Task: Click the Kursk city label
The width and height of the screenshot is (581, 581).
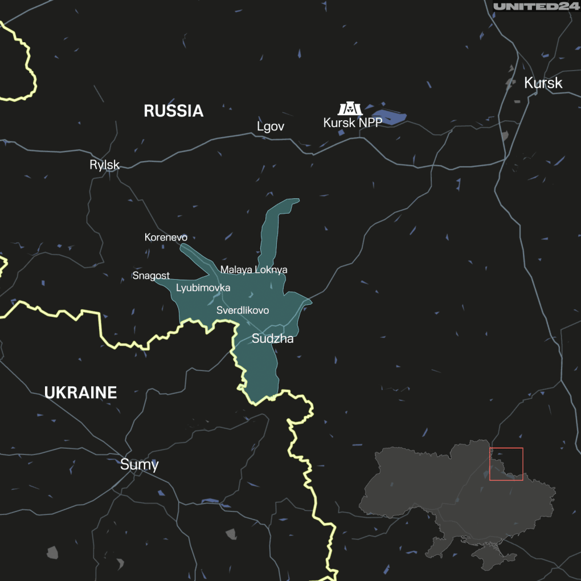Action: tap(543, 83)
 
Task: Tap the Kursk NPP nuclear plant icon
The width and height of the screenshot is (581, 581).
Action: tap(350, 108)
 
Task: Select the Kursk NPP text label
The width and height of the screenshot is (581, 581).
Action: tap(353, 122)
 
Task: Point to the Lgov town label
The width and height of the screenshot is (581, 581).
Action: tap(270, 126)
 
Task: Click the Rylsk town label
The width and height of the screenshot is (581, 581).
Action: tap(104, 165)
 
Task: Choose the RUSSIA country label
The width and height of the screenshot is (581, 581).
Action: tap(173, 111)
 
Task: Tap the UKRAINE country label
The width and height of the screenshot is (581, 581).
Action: tap(80, 392)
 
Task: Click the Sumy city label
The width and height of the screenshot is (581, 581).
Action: tap(139, 465)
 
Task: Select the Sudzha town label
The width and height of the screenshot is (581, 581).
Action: tap(272, 339)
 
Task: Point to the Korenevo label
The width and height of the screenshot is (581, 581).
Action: tap(166, 238)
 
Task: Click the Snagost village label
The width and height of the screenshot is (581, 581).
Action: tap(151, 276)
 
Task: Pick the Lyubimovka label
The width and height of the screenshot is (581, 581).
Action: tap(203, 288)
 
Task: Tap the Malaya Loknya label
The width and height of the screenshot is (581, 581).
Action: tap(253, 269)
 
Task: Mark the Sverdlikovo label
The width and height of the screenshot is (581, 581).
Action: tap(243, 310)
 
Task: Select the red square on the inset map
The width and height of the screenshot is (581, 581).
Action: tap(506, 464)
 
